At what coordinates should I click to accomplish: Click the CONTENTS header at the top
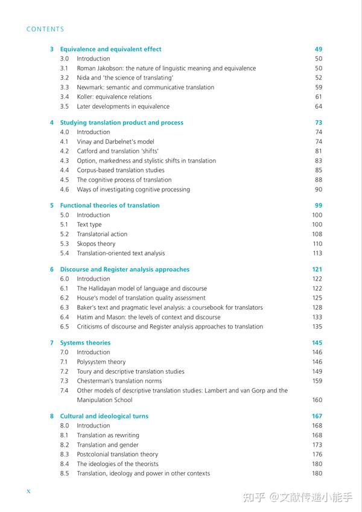point(45,29)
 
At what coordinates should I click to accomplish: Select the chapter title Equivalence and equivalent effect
point(110,49)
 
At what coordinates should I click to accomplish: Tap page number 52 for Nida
point(318,78)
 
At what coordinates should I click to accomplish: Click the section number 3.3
point(65,88)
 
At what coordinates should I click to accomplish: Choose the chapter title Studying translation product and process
point(121,123)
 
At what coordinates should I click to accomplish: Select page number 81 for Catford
point(318,151)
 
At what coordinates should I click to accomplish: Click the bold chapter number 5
point(52,205)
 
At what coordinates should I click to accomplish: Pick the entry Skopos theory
point(96,244)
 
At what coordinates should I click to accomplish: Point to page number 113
point(317,254)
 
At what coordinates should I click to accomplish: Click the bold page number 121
point(317,269)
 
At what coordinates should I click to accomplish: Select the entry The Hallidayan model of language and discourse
point(142,289)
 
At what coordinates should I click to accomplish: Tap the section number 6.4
point(65,317)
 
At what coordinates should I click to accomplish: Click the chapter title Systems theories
point(85,343)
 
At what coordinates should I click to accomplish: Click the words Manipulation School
point(104,400)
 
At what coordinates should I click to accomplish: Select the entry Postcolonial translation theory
point(117,454)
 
